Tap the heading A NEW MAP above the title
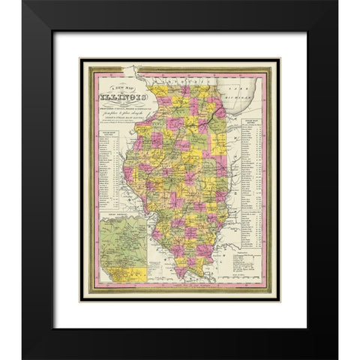point(114,85)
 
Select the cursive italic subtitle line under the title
point(115,117)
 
